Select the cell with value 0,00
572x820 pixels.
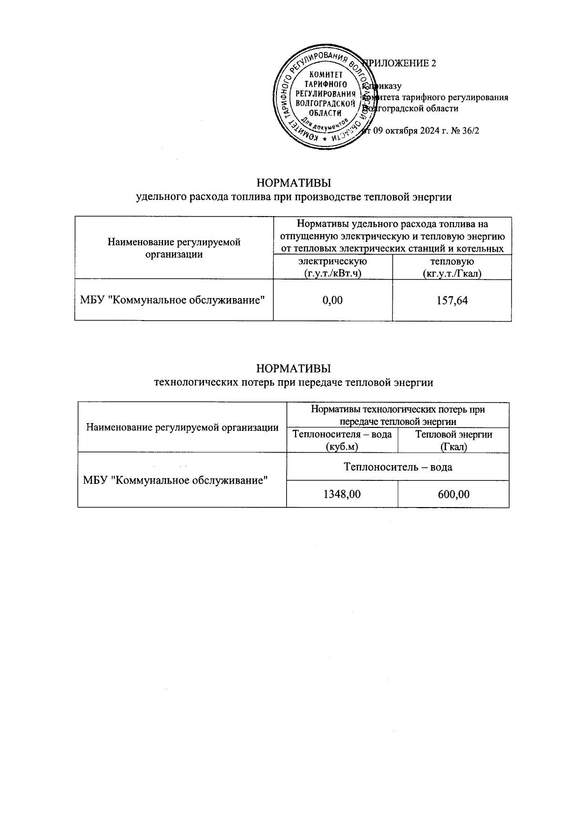(332, 300)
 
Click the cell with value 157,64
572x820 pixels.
(451, 300)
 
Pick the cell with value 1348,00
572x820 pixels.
(342, 494)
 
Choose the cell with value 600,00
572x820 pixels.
(453, 494)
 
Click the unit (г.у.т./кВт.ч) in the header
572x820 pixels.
(332, 274)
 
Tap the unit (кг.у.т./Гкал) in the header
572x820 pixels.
(451, 274)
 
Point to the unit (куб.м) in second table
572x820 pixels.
(341, 447)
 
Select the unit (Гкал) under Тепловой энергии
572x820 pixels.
(453, 447)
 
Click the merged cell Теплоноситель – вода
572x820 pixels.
(398, 467)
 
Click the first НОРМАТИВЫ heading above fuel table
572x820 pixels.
(294, 183)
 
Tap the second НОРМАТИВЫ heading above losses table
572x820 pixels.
(294, 369)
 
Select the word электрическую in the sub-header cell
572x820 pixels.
(332, 261)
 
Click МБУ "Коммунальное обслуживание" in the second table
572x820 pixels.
(174, 480)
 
